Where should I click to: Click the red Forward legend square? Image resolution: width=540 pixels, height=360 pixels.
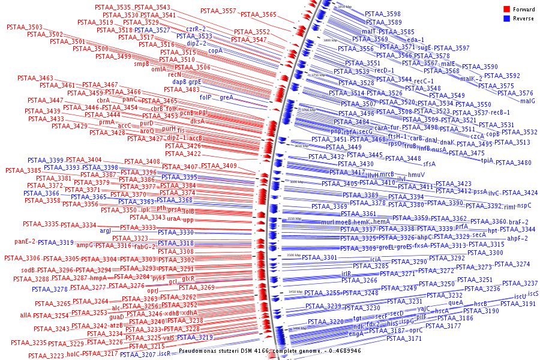[506, 9]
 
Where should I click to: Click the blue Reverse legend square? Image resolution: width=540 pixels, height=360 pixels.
[506, 19]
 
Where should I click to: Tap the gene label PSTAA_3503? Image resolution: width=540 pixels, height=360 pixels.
[25, 27]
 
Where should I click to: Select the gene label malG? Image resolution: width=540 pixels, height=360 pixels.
[527, 101]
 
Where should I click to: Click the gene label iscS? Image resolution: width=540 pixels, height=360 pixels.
[533, 293]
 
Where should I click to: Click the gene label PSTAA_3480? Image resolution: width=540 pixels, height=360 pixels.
[513, 163]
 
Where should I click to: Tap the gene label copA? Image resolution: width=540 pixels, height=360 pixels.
[215, 50]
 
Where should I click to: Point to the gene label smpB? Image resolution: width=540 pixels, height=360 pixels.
[142, 63]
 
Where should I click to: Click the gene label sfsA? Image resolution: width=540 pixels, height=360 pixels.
[429, 163]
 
